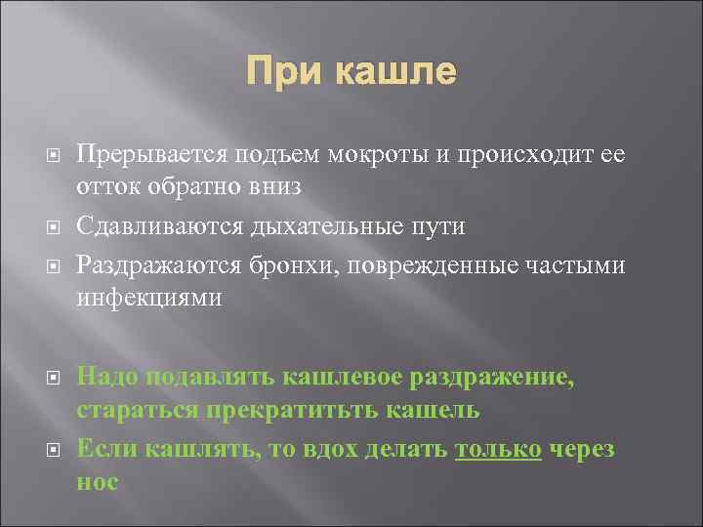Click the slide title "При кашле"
[x=351, y=72]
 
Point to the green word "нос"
[x=98, y=482]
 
